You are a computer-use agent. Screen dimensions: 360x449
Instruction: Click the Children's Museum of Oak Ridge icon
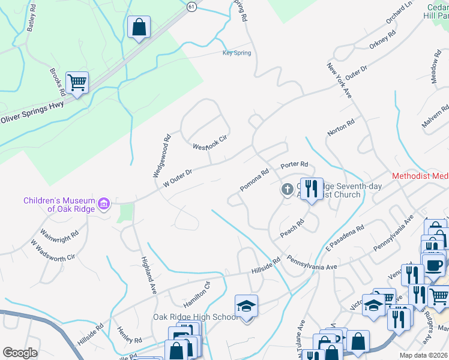pos(104,205)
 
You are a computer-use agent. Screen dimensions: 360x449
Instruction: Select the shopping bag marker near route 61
pos(139,27)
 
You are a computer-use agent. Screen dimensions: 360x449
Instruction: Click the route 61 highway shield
pos(191,5)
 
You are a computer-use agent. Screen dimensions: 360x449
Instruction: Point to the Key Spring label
pos(237,53)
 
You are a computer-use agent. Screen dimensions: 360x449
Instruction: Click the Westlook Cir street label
pos(210,143)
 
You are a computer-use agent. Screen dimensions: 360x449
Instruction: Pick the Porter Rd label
pos(295,164)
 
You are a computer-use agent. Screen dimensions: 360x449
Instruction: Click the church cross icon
pos(288,190)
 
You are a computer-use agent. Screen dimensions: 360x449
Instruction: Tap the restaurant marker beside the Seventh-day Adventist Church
pos(311,189)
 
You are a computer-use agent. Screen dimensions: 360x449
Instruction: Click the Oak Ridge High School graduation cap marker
pos(246,306)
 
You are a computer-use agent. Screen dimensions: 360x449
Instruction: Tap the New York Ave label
pos(339,81)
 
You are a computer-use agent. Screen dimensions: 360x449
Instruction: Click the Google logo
pos(20,353)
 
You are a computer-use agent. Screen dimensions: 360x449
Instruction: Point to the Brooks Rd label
pos(58,82)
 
